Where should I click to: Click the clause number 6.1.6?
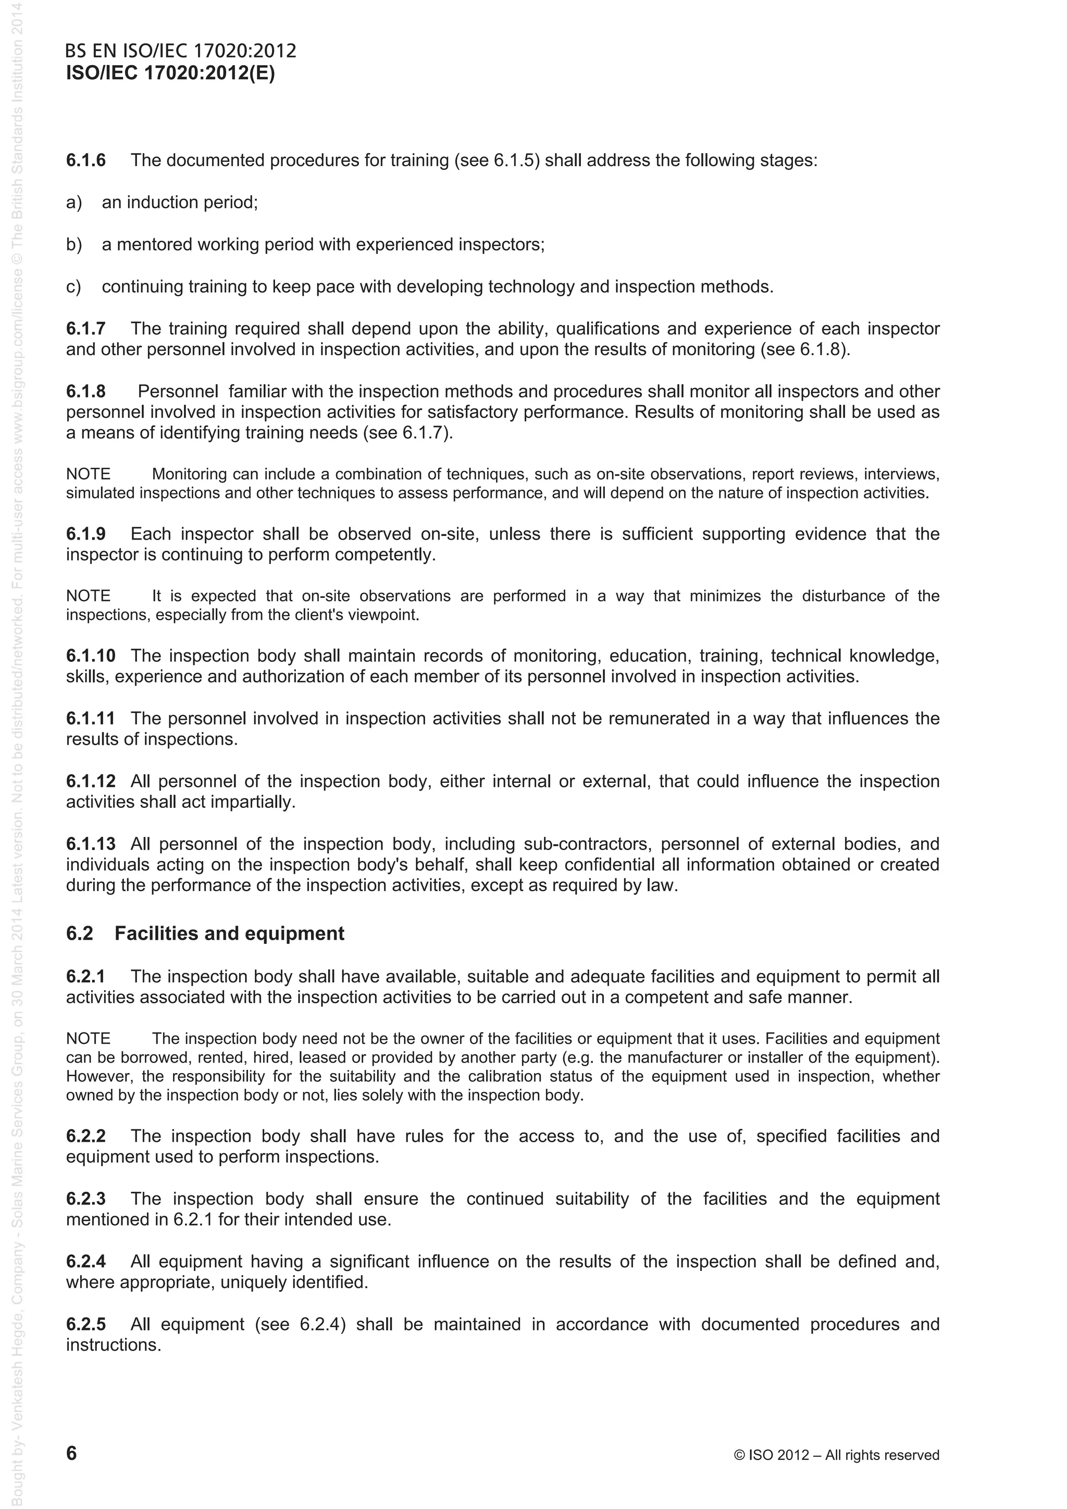[85, 160]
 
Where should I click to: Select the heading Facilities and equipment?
[229, 933]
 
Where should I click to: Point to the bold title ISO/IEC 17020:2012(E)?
[170, 73]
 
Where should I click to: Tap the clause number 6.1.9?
[85, 534]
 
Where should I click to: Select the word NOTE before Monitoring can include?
[88, 474]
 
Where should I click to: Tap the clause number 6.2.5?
[85, 1324]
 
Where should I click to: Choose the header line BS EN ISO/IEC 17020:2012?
[181, 51]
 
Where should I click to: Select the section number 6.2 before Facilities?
[80, 933]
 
